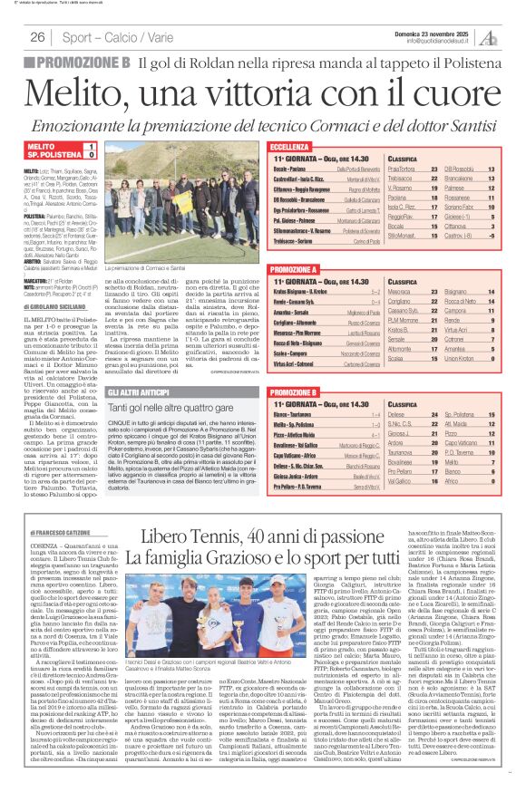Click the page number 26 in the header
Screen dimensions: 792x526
click(x=37, y=37)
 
